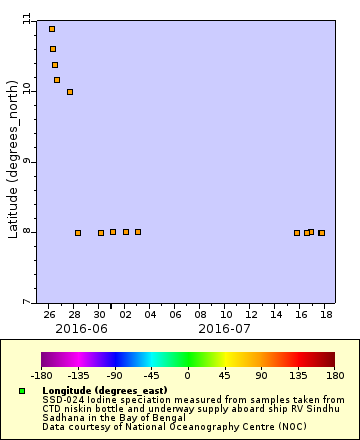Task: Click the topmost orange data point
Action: coord(52,29)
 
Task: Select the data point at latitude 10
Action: coord(70,92)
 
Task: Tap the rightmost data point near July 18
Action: coord(321,233)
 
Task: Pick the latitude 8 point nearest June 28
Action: coord(78,233)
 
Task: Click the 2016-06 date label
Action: coord(81,328)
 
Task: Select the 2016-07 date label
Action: coord(224,328)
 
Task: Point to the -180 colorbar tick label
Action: coord(41,377)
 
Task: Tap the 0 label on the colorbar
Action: coord(188,377)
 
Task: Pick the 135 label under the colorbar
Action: coord(298,377)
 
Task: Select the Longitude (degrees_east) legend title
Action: coord(105,390)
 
